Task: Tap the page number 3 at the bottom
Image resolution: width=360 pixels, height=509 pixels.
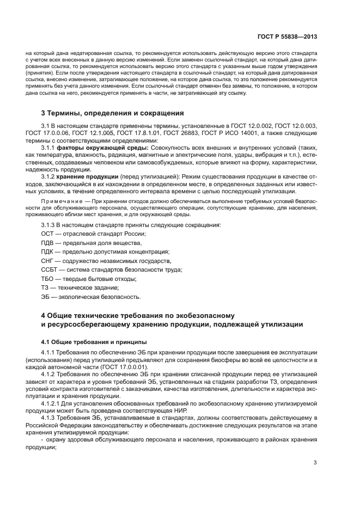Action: (x=315, y=463)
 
